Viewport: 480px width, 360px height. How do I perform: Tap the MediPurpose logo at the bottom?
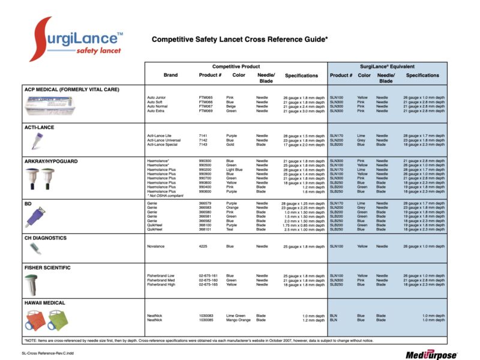coord(431,355)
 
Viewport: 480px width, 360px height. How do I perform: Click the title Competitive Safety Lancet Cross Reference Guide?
coord(239,40)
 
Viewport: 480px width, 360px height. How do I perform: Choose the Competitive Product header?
coord(236,65)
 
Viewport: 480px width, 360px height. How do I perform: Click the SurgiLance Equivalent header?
coord(388,65)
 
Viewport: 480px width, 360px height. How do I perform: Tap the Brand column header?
coord(170,76)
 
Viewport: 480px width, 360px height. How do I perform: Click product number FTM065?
coord(206,97)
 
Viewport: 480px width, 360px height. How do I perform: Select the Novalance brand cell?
coord(157,246)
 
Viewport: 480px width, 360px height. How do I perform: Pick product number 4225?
coord(203,246)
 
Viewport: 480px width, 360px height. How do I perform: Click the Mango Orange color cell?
coord(238,320)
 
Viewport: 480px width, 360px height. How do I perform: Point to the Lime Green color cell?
coord(236,316)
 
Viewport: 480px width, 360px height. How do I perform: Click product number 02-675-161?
coord(209,275)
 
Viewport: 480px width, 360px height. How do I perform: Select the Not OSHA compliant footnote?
coord(166,196)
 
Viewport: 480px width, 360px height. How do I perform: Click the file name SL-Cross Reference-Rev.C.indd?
coord(46,355)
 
